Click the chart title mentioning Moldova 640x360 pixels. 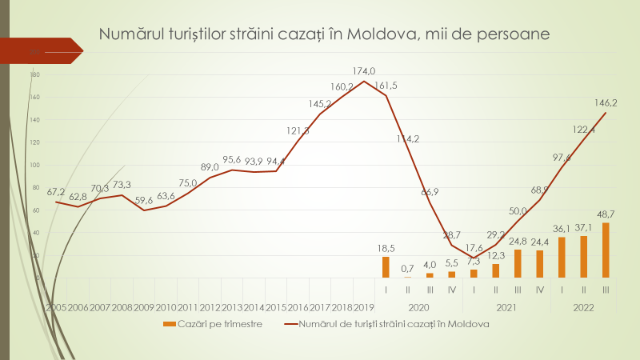point(324,34)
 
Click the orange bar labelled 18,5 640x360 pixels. point(386,267)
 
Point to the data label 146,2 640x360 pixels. point(605,102)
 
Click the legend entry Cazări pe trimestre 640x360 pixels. point(213,324)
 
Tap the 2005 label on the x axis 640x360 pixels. point(56,307)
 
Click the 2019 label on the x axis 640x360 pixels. point(364,307)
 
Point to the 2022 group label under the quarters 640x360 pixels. point(583,307)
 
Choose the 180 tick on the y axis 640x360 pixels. point(34,75)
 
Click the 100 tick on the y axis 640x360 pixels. point(34,166)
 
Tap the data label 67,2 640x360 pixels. point(56,192)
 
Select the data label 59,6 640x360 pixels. point(144,201)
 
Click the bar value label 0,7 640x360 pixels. point(408,267)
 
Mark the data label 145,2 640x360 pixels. point(321,103)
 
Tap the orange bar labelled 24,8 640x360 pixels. point(518,263)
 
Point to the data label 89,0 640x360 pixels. point(210,167)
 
